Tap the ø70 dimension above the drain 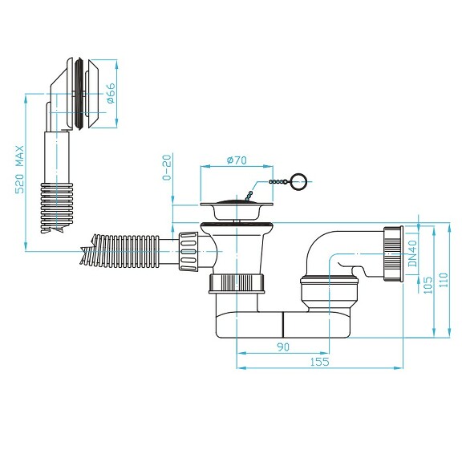pos(237,160)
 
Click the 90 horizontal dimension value pos(282,346)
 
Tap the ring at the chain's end pos(298,181)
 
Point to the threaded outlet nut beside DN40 pos(392,253)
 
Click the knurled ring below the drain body pos(237,283)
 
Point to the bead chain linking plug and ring pos(271,184)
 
